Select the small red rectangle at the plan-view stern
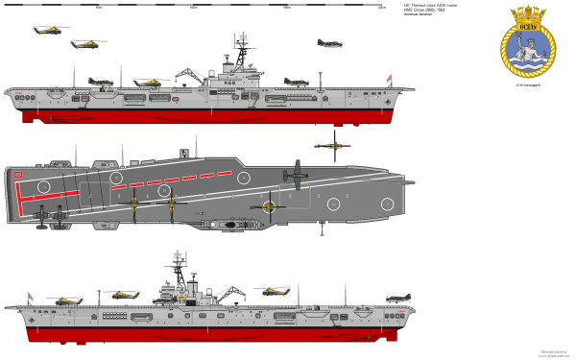pos(18,174)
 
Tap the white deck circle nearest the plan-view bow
pos(386,204)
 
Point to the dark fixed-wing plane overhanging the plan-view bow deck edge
pos(294,174)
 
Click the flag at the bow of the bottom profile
pos(28,295)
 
